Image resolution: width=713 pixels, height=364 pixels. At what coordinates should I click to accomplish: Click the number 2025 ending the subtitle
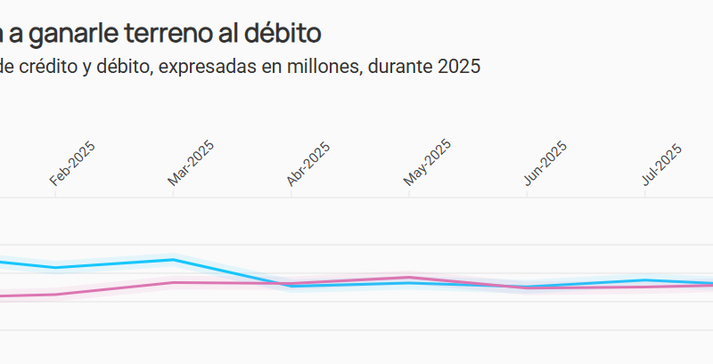tap(459, 67)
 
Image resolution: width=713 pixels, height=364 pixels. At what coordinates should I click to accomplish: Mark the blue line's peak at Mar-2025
tap(173, 260)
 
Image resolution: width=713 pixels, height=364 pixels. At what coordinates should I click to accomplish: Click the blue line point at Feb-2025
tap(55, 267)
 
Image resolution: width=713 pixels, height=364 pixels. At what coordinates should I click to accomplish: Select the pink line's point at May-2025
tap(409, 278)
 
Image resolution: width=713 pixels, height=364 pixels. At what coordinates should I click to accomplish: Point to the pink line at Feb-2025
tap(55, 294)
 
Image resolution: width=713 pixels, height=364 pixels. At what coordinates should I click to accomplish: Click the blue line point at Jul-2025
tap(645, 280)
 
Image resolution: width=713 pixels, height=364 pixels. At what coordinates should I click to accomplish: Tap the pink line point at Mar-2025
tap(173, 282)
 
